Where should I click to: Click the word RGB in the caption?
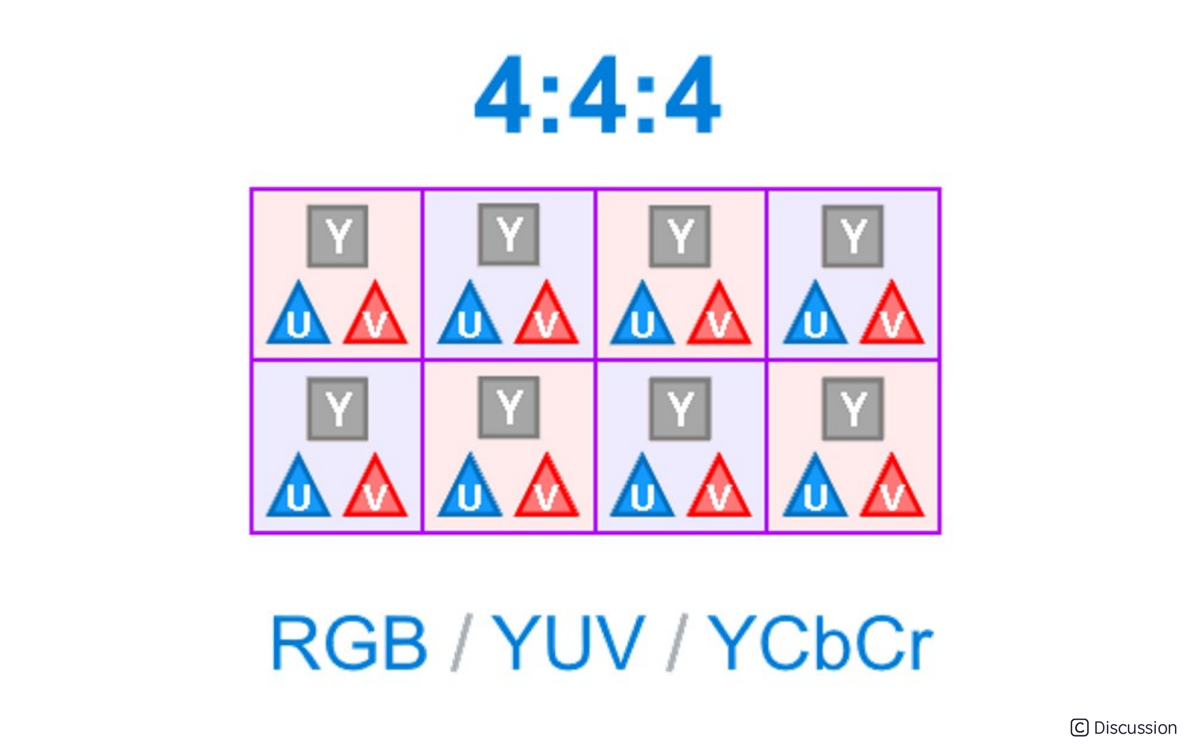tap(349, 643)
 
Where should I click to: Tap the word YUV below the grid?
tap(569, 643)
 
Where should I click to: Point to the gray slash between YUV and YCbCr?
tap(677, 643)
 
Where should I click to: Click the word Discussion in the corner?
tap(1135, 728)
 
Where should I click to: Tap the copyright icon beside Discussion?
tap(1079, 728)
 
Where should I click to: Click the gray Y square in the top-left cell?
tap(338, 237)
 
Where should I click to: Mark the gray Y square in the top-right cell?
tap(852, 237)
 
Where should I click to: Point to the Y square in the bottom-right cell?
tap(852, 409)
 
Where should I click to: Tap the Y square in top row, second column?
tap(509, 235)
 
